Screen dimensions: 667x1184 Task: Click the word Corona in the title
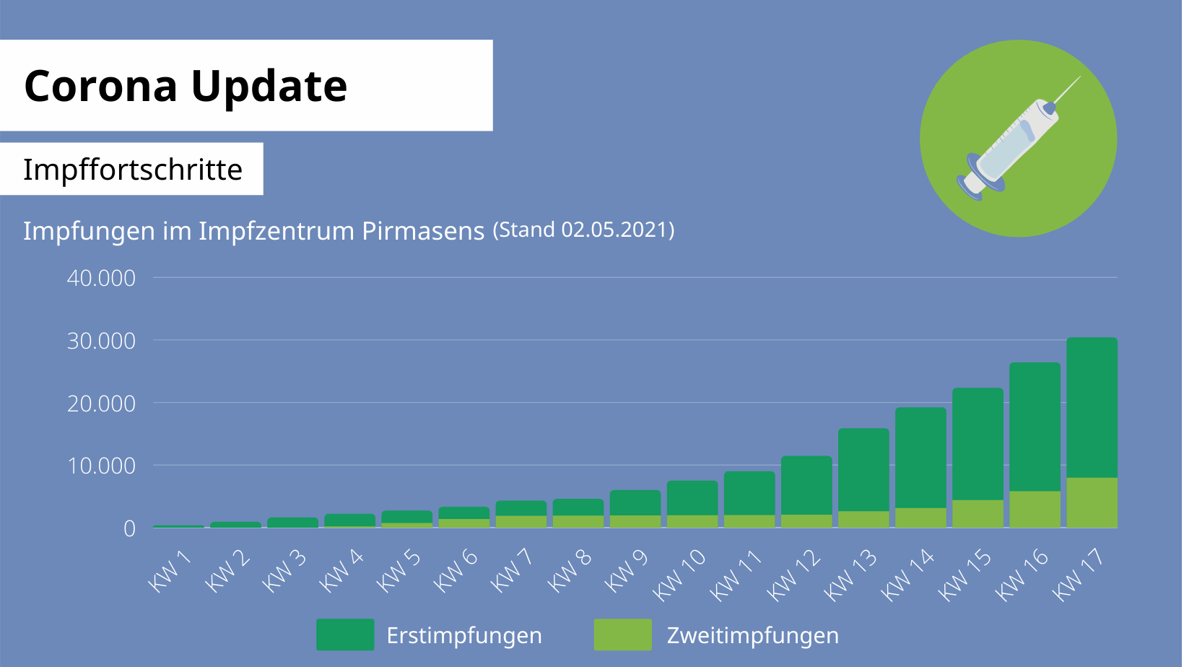(100, 86)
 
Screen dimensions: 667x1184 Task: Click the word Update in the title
(269, 86)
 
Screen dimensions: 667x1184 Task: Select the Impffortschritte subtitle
(133, 170)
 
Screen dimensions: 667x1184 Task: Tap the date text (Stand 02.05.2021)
(583, 230)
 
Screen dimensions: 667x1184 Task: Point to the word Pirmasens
(422, 231)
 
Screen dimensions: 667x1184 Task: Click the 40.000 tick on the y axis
(101, 278)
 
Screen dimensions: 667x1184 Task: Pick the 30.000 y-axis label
(101, 341)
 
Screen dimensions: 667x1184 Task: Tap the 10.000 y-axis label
(101, 466)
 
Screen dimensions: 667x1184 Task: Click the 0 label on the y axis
(129, 528)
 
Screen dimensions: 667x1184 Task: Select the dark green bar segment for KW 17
(1092, 408)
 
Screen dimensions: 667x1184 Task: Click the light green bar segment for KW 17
(1092, 502)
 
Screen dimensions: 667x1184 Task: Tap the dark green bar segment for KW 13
(863, 470)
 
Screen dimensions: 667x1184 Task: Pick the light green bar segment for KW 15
(978, 513)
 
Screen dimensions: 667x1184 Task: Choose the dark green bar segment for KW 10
(692, 498)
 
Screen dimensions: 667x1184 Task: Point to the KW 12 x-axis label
(794, 575)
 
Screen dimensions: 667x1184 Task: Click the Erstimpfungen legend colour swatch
(345, 635)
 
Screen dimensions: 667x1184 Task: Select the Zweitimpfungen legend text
(752, 635)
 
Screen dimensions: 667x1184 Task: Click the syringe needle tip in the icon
(1079, 77)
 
